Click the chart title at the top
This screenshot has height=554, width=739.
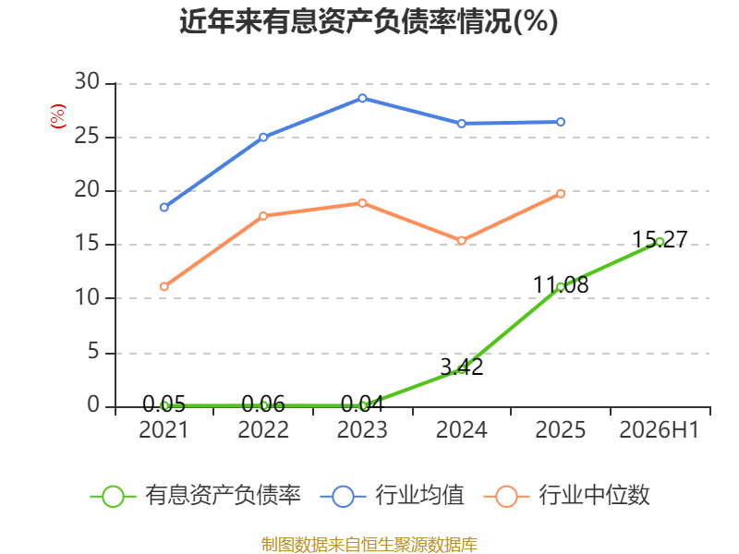click(369, 21)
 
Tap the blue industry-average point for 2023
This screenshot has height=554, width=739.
click(362, 98)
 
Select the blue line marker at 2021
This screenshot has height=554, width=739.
click(164, 207)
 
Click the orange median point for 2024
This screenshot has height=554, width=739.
click(461, 241)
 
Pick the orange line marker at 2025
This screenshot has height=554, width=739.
click(561, 194)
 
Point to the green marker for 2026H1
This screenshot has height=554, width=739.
click(660, 242)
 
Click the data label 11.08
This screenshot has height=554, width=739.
click(561, 285)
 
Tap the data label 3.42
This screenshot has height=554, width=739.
click(462, 367)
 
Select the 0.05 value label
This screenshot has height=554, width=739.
click(164, 403)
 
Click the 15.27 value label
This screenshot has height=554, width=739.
click(660, 239)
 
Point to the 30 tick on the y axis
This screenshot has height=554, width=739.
click(87, 81)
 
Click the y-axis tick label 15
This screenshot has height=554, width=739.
click(87, 243)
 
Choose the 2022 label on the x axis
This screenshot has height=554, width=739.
click(263, 429)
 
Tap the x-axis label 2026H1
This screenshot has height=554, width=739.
click(659, 429)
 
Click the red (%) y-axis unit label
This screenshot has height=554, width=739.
click(58, 116)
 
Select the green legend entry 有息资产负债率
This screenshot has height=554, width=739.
click(196, 496)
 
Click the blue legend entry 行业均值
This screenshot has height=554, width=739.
click(392, 496)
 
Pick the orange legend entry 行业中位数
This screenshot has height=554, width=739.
click(567, 496)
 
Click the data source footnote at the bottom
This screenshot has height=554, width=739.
click(369, 545)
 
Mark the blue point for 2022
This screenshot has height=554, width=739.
click(263, 137)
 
